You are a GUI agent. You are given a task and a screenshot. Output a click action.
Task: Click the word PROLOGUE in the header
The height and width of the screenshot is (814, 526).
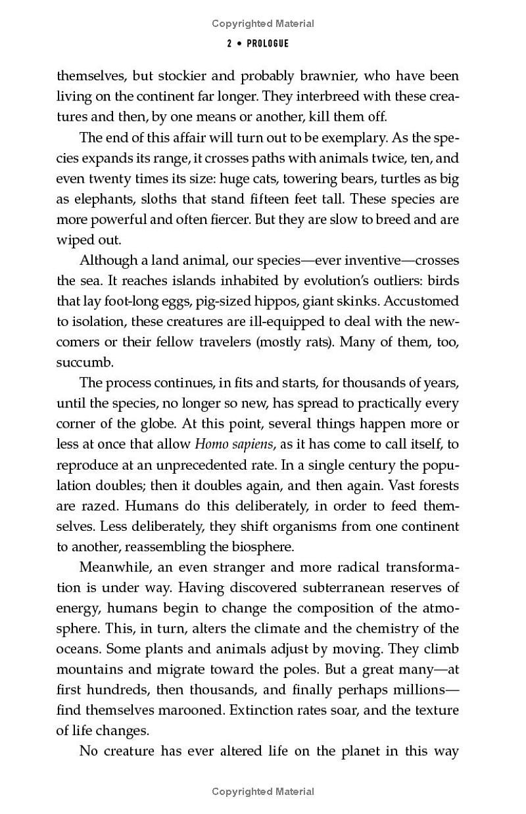click(268, 44)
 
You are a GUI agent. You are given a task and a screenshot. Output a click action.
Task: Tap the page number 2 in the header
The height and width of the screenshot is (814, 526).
click(229, 44)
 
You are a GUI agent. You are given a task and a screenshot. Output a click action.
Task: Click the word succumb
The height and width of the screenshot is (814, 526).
click(85, 363)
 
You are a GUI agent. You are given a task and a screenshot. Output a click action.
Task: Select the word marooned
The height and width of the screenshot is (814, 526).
click(193, 710)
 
